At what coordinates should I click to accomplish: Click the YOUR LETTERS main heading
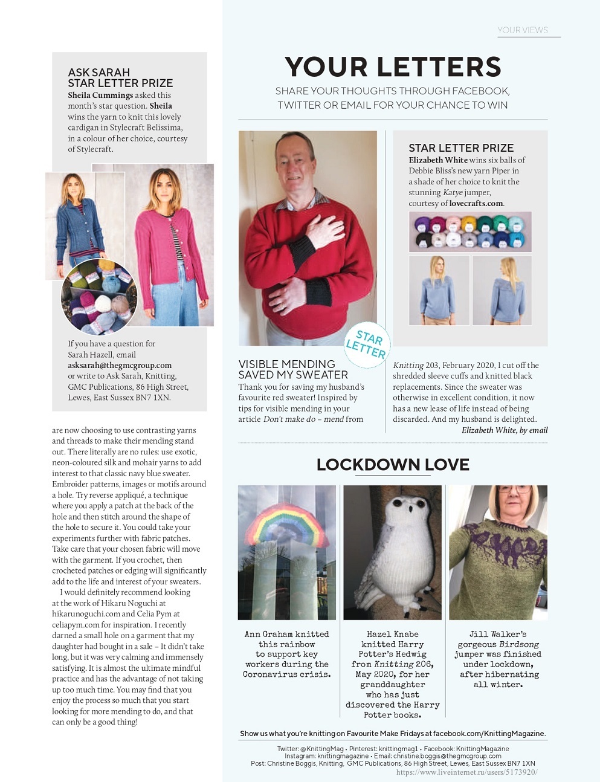pos(393,66)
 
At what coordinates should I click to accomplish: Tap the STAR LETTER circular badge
pos(366,345)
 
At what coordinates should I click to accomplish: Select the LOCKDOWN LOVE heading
pos(393,465)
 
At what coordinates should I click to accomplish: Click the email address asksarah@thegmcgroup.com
pos(120,366)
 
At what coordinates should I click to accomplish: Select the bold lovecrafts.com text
pos(476,204)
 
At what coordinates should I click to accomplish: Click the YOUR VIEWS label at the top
pos(523,30)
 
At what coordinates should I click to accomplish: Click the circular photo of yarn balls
pos(100,297)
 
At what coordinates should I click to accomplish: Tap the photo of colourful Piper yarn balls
pos(470,232)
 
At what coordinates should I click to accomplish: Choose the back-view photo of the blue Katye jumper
pos(502,290)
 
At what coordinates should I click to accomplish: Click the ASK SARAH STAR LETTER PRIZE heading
pos(120,78)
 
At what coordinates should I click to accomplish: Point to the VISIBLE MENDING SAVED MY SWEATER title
pos(293,369)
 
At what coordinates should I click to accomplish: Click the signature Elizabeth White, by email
pos(505,430)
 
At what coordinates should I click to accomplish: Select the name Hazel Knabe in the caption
pos(393,635)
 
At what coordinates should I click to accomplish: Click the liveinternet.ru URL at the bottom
pos(466,772)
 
